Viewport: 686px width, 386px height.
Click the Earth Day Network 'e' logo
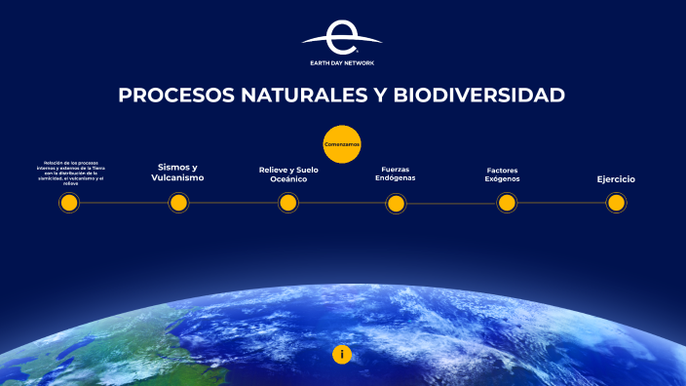[341, 38]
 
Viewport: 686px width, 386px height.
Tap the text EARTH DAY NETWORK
[341, 62]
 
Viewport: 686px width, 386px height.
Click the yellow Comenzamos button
[342, 144]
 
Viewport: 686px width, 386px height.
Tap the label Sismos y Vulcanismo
[177, 173]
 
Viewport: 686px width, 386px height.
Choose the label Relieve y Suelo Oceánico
[288, 174]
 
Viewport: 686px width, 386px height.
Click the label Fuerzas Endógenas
[396, 174]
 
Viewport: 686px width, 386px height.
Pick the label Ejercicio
[616, 179]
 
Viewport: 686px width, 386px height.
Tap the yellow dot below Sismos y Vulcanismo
[178, 203]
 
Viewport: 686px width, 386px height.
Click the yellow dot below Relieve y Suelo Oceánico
[287, 203]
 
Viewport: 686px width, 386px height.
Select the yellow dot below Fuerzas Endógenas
[396, 203]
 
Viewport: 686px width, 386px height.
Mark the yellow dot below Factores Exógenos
[507, 203]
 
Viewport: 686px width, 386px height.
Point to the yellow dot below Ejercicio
[616, 203]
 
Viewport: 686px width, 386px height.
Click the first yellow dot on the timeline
[68, 203]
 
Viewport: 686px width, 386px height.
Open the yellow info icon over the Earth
[342, 354]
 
